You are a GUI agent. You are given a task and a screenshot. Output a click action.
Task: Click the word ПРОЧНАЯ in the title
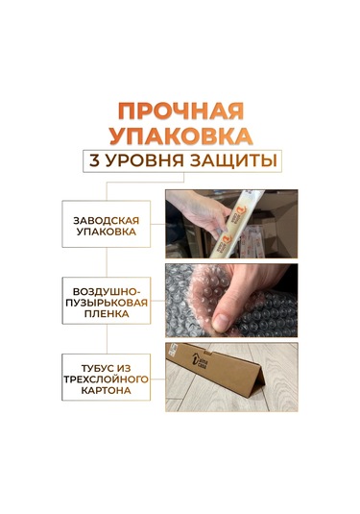point(180,108)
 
